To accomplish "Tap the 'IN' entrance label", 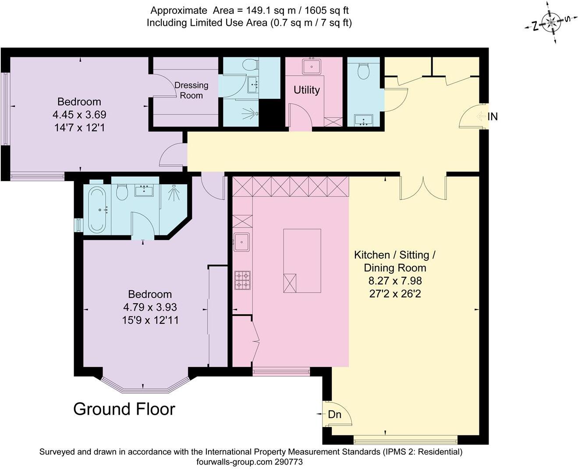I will pyautogui.click(x=493, y=116).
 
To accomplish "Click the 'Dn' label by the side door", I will pyautogui.click(x=334, y=414).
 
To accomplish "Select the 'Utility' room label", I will pyautogui.click(x=306, y=90).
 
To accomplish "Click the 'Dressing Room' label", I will pyautogui.click(x=191, y=90).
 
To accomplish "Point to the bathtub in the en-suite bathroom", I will pyautogui.click(x=97, y=210).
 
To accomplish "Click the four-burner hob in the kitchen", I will pyautogui.click(x=242, y=280).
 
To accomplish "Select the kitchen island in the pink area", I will pyautogui.click(x=302, y=261).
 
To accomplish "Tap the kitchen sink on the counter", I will pyautogui.click(x=241, y=241).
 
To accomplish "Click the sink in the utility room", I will pyautogui.click(x=311, y=66).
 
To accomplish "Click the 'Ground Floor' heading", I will pyautogui.click(x=124, y=409).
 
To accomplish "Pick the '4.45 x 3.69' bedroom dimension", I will pyautogui.click(x=79, y=115).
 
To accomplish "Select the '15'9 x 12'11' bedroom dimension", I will pyautogui.click(x=150, y=320).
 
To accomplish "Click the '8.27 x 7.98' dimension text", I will pyautogui.click(x=395, y=281).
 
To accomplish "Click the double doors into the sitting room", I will pyautogui.click(x=423, y=187).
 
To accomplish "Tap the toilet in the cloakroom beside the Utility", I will pyautogui.click(x=363, y=71).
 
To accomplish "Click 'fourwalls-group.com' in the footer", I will pyautogui.click(x=234, y=462).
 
